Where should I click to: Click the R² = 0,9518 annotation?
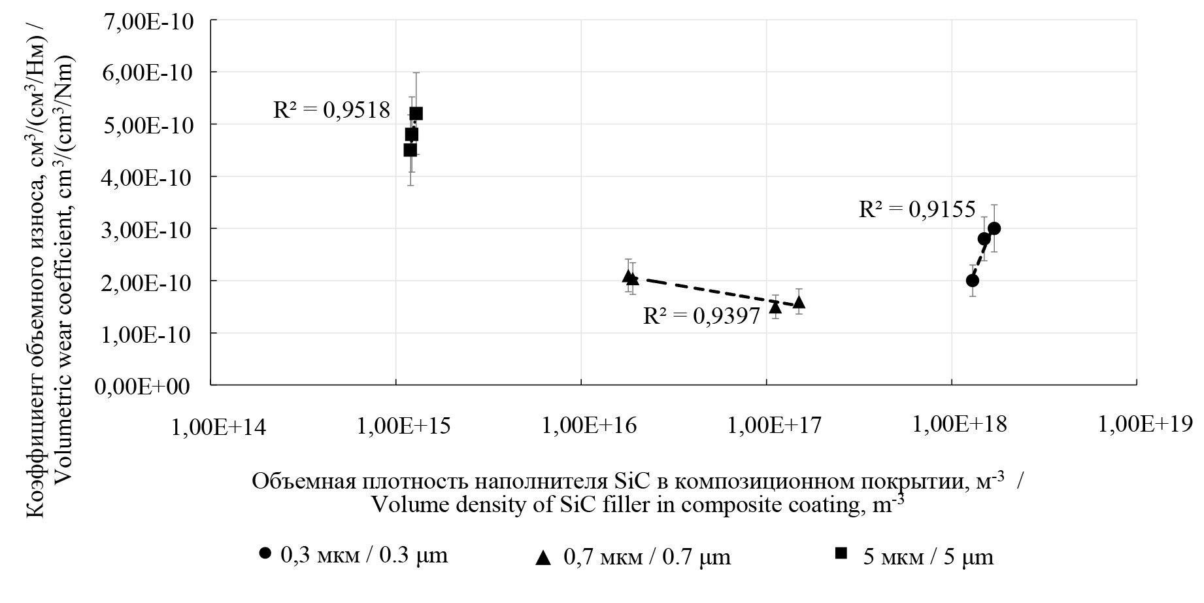click(x=331, y=110)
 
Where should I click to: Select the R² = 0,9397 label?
click(x=701, y=317)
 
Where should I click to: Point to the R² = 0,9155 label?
click(x=916, y=209)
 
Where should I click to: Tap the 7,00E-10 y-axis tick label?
click(x=152, y=20)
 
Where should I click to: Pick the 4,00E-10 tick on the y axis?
click(x=152, y=177)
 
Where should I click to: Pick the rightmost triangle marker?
click(x=799, y=301)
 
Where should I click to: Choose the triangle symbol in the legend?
click(x=543, y=557)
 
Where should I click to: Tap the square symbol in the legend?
click(x=842, y=554)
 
